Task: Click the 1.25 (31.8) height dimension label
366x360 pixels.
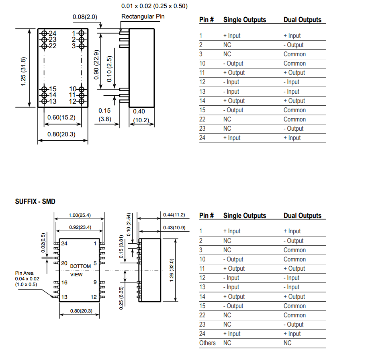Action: click(x=23, y=72)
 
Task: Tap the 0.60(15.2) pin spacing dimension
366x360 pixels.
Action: click(x=61, y=117)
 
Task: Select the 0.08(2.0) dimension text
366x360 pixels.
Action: click(x=85, y=17)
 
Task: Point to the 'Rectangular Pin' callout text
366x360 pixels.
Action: click(x=143, y=16)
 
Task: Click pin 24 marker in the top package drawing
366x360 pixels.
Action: click(x=44, y=33)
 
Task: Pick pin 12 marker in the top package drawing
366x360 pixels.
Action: click(x=82, y=101)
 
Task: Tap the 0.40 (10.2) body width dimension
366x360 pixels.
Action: click(x=141, y=116)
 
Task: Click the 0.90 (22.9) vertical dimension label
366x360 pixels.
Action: click(x=96, y=65)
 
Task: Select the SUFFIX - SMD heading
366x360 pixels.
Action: click(x=35, y=202)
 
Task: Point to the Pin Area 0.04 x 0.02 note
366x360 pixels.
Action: click(x=27, y=279)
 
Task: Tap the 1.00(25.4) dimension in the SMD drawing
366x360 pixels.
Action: click(x=80, y=215)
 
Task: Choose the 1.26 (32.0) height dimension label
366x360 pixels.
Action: click(x=172, y=270)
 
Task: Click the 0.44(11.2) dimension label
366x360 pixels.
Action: click(x=174, y=215)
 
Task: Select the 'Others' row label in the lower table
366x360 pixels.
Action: click(x=207, y=343)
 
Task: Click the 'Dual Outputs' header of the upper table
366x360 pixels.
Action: click(x=303, y=20)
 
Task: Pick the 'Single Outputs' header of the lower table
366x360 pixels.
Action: click(x=245, y=216)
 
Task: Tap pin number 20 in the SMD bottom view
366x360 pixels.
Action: click(x=64, y=263)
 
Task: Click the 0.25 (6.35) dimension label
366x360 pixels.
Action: click(x=121, y=298)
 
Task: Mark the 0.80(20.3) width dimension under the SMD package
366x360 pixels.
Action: click(x=81, y=311)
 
